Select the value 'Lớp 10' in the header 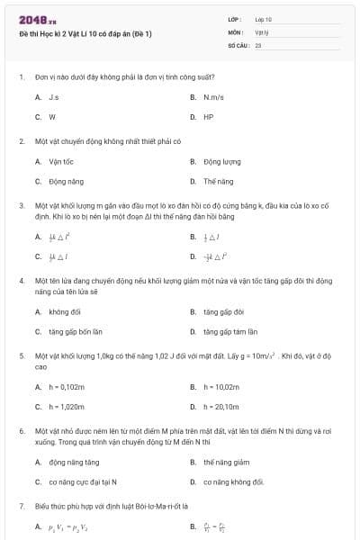(x=264, y=18)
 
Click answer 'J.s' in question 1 (x=54, y=96)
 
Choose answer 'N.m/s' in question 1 (x=214, y=96)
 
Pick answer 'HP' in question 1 (x=208, y=117)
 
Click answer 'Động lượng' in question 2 (x=222, y=162)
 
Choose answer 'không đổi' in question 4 (x=65, y=311)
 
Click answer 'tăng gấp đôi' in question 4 (x=224, y=311)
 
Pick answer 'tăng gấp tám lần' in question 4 (x=230, y=331)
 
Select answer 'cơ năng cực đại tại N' (x=83, y=482)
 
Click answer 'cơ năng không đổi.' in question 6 (x=234, y=482)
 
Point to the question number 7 (x=22, y=506)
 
